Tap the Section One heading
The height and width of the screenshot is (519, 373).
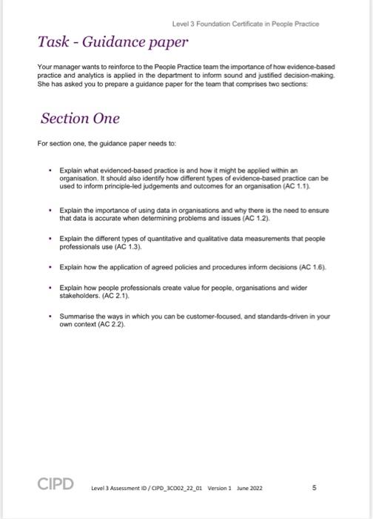(80, 119)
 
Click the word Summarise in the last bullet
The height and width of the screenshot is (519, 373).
(75, 315)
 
